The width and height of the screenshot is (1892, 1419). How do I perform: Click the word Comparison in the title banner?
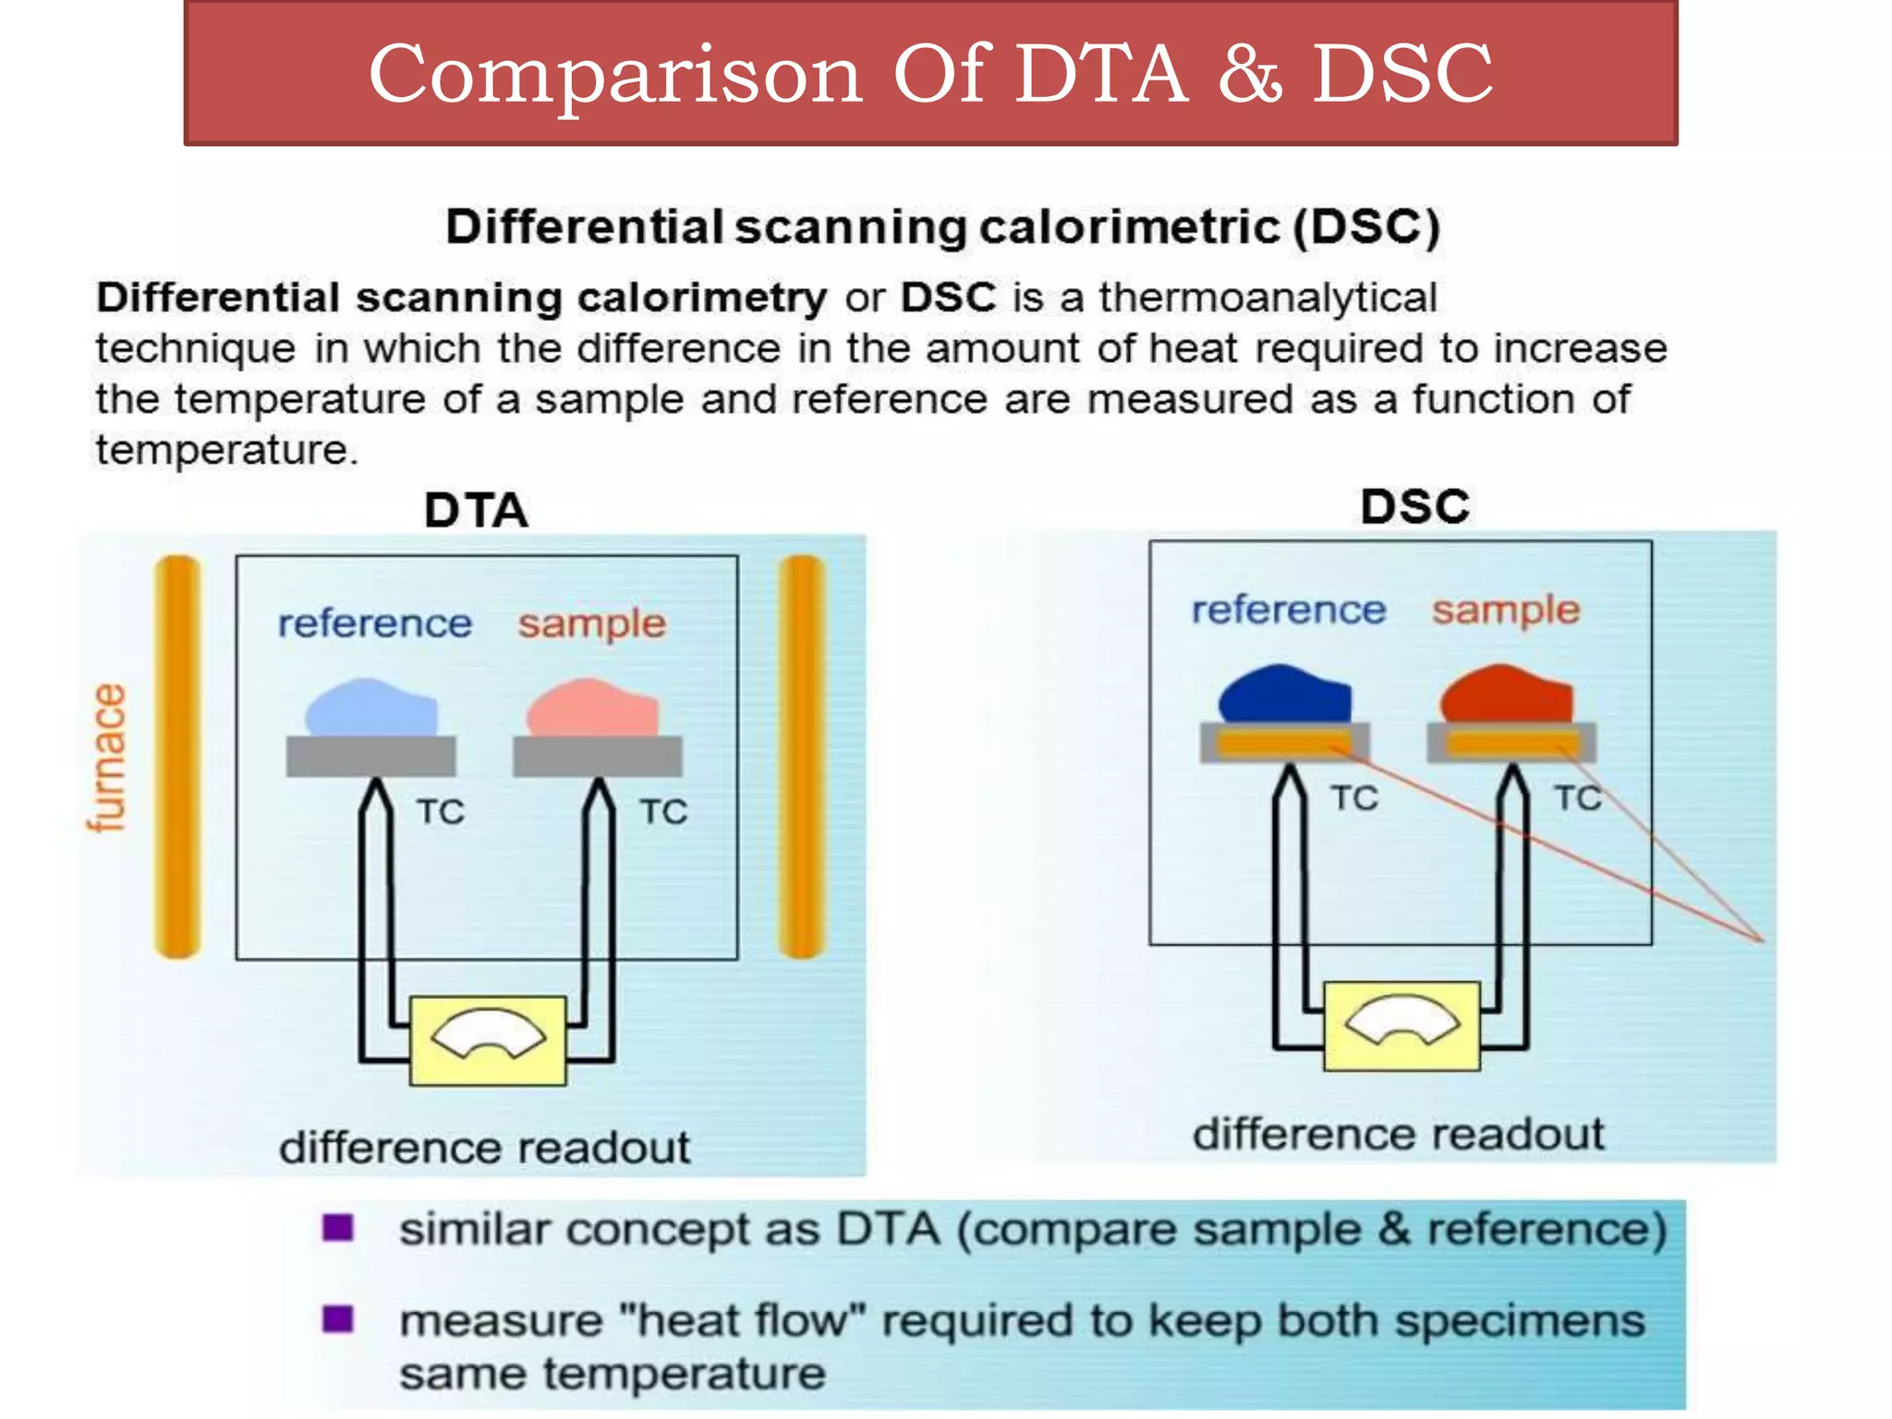(x=615, y=74)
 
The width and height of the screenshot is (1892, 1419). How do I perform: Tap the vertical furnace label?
(x=107, y=758)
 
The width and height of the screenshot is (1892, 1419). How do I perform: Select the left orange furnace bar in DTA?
(x=177, y=758)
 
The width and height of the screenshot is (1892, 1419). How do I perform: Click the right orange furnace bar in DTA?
(x=801, y=758)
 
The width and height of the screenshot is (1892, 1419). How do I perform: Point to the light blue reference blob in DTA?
(x=371, y=709)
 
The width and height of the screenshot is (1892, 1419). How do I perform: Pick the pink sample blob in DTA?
(x=593, y=709)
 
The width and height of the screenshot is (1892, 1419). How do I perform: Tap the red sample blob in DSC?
(x=1507, y=694)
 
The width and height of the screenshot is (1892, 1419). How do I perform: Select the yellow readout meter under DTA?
(x=488, y=1040)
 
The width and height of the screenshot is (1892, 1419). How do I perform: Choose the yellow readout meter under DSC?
(x=1401, y=1025)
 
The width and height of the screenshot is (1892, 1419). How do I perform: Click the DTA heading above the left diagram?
(x=476, y=510)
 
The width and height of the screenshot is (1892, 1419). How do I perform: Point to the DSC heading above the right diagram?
(x=1414, y=506)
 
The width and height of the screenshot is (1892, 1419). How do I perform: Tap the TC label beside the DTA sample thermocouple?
(x=663, y=812)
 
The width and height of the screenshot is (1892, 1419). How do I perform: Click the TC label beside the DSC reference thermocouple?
(x=1354, y=798)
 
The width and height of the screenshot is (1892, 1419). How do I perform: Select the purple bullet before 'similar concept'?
(x=338, y=1228)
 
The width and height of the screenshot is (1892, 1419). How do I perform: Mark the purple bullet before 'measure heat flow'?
(x=338, y=1318)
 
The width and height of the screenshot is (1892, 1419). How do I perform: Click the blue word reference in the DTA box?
(x=375, y=624)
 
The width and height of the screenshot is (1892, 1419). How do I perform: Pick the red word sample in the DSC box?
(x=1506, y=611)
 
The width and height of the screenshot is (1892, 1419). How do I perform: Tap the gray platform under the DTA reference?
(x=371, y=756)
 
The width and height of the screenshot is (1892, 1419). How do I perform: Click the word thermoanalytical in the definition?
(x=1267, y=297)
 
